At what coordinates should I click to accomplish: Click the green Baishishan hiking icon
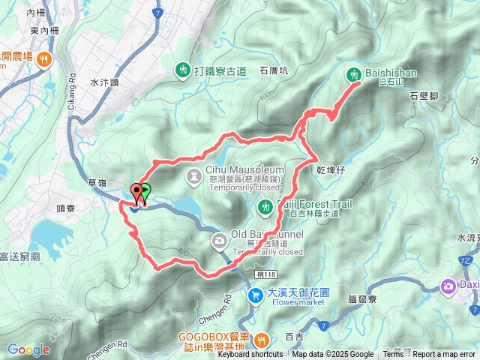354,74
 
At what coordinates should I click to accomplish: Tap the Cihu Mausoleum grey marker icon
193,176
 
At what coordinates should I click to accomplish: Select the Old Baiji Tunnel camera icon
220,241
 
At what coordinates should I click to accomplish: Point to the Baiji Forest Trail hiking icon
265,205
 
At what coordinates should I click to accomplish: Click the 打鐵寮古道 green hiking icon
183,70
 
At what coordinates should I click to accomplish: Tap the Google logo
28,350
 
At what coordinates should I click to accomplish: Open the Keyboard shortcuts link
250,355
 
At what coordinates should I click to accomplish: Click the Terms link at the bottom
393,355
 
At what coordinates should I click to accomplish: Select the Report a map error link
445,355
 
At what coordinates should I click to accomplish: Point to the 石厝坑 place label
274,70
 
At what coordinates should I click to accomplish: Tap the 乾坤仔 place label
330,172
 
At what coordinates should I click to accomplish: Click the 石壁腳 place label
424,96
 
